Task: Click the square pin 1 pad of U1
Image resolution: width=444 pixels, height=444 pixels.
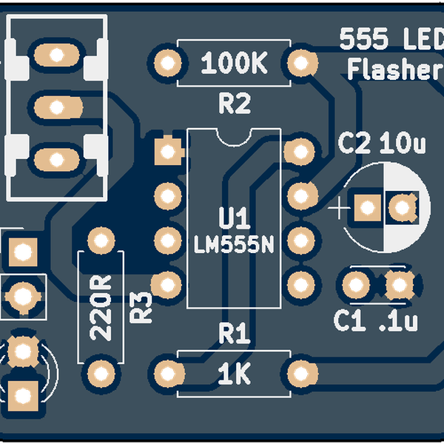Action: click(167, 151)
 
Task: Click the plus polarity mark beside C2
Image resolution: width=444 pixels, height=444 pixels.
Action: click(339, 209)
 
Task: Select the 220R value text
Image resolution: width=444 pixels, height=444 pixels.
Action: click(101, 306)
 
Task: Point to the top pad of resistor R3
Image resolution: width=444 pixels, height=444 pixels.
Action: click(101, 240)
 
